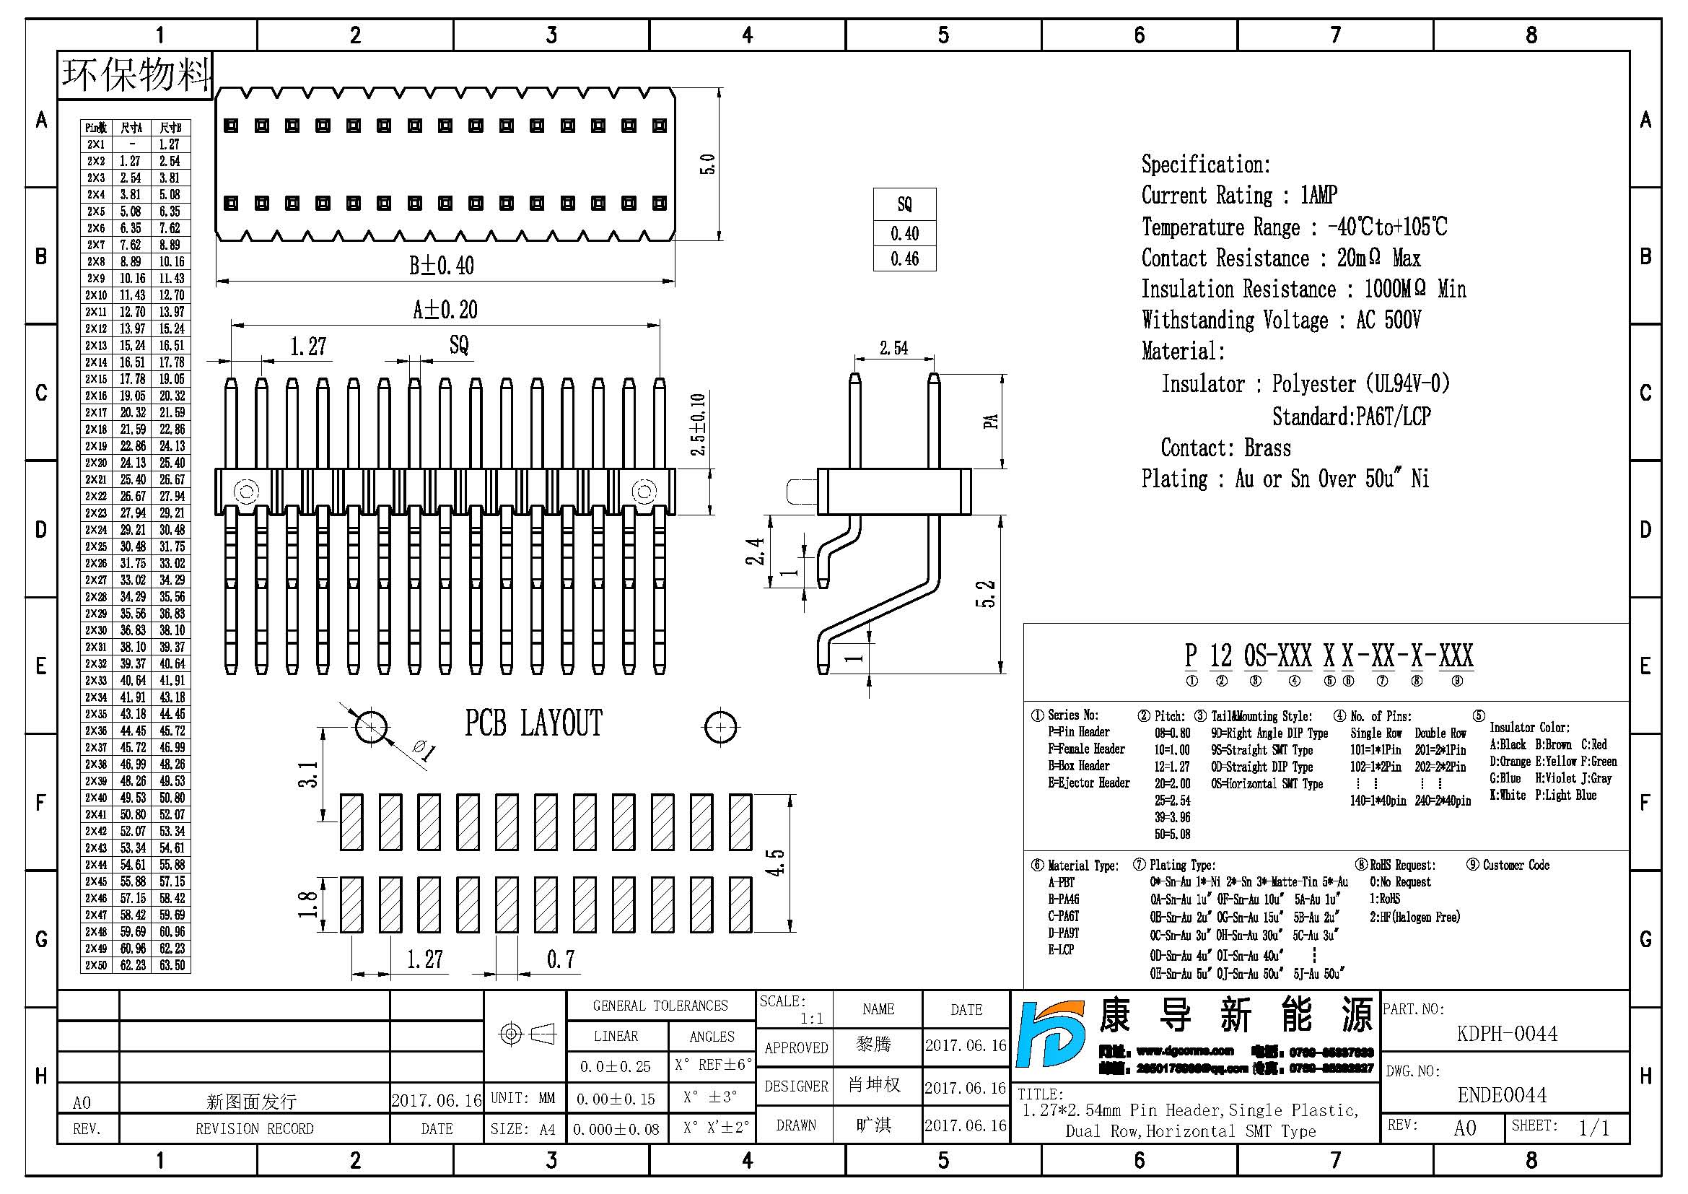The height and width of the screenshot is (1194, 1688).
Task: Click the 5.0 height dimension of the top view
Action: point(707,163)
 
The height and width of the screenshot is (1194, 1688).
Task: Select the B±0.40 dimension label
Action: point(441,266)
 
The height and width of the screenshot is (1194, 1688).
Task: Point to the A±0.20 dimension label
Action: point(445,310)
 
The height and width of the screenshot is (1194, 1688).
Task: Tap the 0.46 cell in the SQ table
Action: point(904,259)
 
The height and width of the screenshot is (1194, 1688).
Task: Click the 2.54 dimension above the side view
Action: point(893,348)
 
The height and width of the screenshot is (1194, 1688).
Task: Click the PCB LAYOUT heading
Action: point(533,723)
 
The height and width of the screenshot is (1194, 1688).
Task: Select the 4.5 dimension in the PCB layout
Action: point(776,863)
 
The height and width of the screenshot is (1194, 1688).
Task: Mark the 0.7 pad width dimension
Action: point(560,959)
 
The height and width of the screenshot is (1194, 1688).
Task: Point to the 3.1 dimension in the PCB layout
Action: point(308,774)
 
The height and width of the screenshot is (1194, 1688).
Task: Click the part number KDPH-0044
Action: point(1506,1034)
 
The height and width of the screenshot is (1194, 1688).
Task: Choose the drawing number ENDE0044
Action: point(1502,1096)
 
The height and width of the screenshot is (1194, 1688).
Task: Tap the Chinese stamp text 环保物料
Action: point(136,75)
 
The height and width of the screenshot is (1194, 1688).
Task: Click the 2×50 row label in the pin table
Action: point(96,965)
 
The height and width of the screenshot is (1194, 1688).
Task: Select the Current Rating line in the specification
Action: point(1239,196)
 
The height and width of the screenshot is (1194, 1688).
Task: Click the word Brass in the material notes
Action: point(1267,448)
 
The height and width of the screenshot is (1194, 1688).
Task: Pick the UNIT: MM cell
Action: point(522,1098)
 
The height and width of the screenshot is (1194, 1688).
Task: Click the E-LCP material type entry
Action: point(1061,950)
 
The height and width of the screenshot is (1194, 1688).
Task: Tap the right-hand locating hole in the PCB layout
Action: point(720,727)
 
